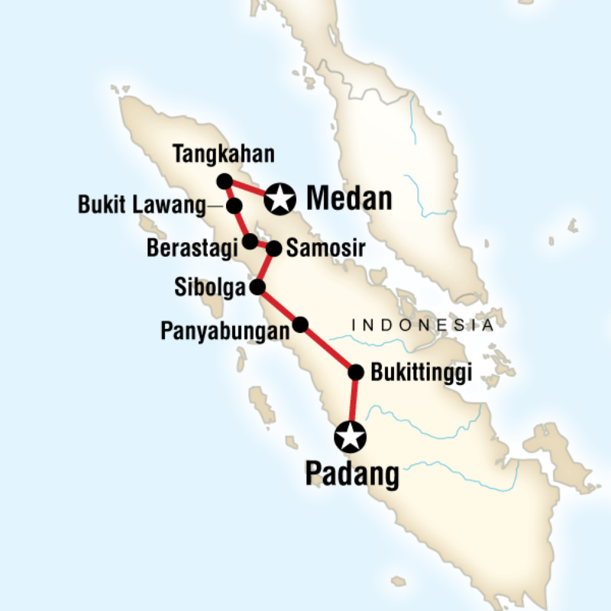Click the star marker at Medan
(280, 199)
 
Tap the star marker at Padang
(351, 438)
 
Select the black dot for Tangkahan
(224, 181)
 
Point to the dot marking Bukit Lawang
(234, 206)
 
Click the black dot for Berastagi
(250, 242)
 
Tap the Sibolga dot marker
(257, 287)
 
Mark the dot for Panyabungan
(301, 324)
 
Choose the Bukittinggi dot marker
(355, 373)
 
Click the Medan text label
(349, 199)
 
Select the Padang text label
(352, 474)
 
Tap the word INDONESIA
(422, 325)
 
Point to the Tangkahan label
(222, 154)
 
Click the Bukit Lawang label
(142, 206)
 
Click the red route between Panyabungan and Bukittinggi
(328, 348)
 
